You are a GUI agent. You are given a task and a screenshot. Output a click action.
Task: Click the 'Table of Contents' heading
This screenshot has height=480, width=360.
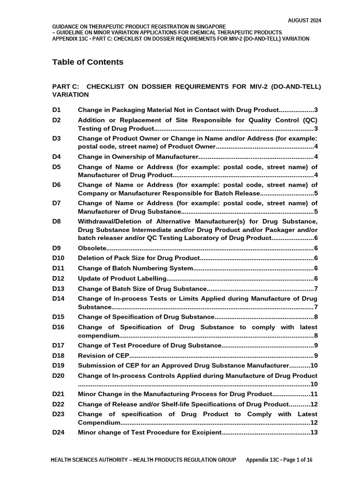coord(88,62)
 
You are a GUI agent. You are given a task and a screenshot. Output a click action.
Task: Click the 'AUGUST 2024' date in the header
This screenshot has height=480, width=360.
coord(304,21)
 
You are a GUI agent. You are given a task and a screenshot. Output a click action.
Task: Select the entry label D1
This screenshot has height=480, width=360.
coord(57,110)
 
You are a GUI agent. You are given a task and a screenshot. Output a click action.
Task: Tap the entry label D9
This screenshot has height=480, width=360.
coord(57,248)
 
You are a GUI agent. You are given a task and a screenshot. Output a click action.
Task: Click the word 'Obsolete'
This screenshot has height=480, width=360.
coord(92,248)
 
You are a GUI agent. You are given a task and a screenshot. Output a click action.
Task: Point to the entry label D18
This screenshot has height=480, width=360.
coord(59,355)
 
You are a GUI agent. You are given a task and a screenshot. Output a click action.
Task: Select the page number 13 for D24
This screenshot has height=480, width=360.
coord(314,432)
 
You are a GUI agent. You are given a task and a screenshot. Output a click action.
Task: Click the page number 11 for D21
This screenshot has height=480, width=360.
coord(314,394)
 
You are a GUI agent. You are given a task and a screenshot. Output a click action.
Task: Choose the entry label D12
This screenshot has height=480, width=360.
coord(59,278)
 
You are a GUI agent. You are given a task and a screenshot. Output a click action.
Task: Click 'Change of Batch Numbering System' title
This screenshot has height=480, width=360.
coord(135,268)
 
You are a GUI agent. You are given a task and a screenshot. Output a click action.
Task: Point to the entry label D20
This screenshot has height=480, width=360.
coord(59,375)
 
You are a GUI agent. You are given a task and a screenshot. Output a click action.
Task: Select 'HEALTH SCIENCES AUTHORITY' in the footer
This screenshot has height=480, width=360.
coord(89,460)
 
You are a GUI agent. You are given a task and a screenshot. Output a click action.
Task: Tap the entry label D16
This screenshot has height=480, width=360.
coord(59,327)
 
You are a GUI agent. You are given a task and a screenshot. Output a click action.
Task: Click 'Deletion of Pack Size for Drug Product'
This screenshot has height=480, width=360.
coord(138,258)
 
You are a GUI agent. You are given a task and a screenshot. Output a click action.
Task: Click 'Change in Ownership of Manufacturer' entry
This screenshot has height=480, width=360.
coord(138,157)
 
